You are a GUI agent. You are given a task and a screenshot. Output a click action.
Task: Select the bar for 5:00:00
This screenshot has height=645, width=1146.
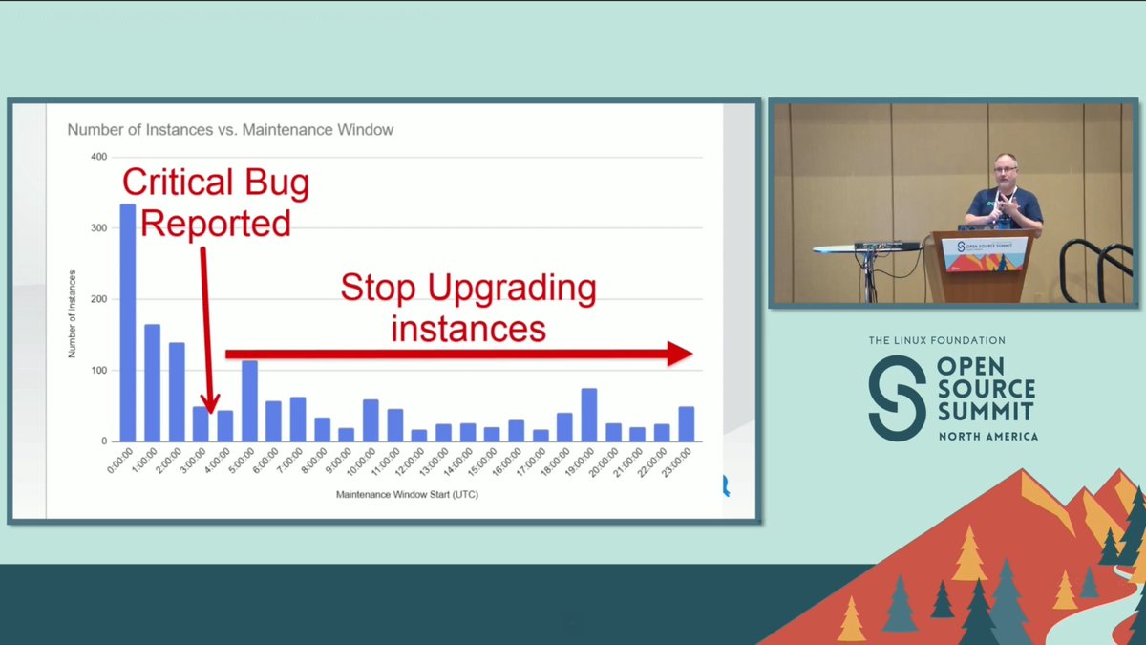click(249, 400)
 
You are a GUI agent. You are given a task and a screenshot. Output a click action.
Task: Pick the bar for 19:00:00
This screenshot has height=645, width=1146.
click(589, 415)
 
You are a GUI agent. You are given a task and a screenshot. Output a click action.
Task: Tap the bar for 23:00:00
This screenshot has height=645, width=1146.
click(687, 424)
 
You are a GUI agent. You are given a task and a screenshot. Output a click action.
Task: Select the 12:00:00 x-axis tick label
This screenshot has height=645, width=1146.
click(414, 463)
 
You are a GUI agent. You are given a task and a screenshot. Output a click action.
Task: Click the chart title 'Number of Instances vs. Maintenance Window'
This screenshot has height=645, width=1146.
click(230, 130)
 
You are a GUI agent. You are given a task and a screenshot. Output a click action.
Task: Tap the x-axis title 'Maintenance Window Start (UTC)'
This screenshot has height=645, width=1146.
click(407, 496)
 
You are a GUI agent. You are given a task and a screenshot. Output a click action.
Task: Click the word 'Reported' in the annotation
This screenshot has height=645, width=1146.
click(216, 223)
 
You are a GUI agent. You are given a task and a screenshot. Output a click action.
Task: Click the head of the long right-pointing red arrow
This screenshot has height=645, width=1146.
click(680, 354)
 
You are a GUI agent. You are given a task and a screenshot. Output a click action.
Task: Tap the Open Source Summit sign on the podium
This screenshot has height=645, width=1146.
click(984, 253)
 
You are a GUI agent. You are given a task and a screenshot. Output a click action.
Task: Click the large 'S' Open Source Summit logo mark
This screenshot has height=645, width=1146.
click(897, 398)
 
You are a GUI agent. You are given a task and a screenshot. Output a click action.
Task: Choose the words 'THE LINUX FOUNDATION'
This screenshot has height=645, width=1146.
click(937, 340)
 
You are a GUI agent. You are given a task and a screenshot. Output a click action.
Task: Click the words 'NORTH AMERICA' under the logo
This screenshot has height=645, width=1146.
click(987, 436)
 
